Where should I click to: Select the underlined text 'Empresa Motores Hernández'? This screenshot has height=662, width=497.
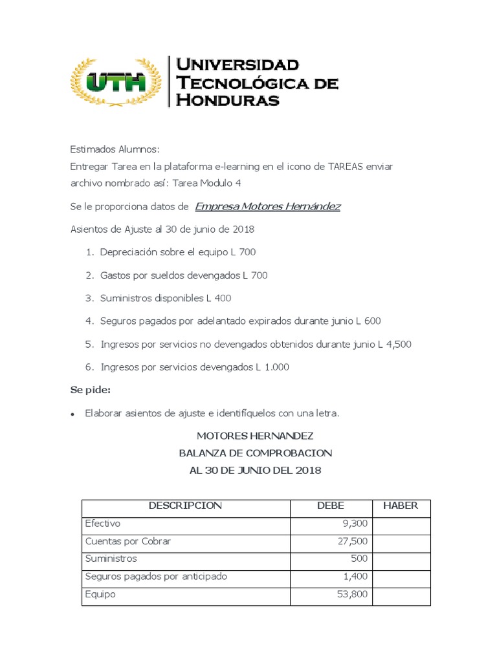pos(267,206)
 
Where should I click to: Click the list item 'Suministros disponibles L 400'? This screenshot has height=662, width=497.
pos(166,298)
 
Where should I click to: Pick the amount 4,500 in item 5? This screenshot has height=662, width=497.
pos(398,344)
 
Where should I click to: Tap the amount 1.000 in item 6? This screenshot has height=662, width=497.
pos(276,367)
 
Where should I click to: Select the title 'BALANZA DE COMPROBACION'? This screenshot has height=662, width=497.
pos(255,453)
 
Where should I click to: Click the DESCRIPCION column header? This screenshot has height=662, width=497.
pos(185,506)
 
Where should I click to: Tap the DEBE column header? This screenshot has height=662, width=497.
pos(330,506)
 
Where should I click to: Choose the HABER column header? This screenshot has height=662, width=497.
pos(401,506)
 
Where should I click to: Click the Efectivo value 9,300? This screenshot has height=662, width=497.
pos(354,524)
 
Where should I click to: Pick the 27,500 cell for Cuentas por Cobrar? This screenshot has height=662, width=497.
pos(351,541)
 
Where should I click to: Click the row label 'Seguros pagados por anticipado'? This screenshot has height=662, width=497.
pos(156,576)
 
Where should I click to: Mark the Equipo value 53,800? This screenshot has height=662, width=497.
pos(351,593)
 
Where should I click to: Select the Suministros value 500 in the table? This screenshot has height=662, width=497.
pos(359,559)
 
